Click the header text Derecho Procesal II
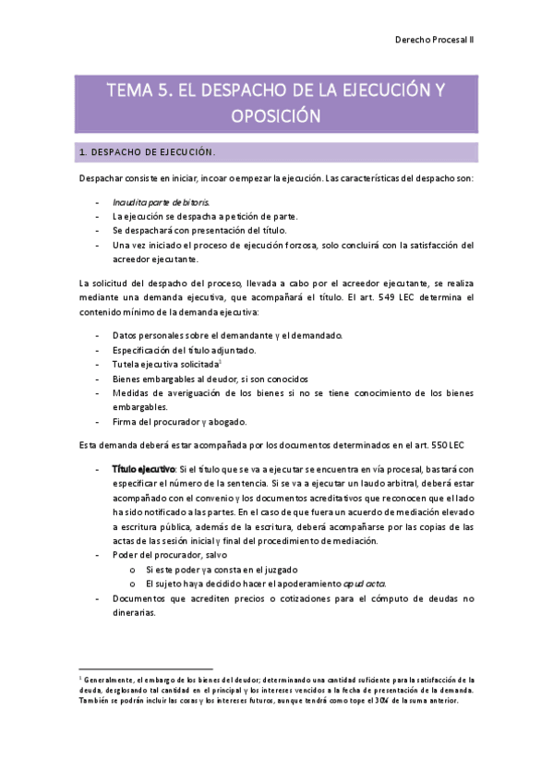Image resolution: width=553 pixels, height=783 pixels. coord(434,41)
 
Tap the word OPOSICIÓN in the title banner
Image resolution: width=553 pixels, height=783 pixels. coord(276,116)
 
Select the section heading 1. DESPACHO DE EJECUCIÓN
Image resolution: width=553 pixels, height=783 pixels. coord(148,151)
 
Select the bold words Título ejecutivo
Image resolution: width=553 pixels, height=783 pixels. coord(143,469)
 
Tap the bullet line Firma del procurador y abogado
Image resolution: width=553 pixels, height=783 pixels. coord(179,422)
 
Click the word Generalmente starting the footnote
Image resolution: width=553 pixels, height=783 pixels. coord(112,679)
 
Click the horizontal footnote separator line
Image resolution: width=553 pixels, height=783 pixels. coord(146,668)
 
